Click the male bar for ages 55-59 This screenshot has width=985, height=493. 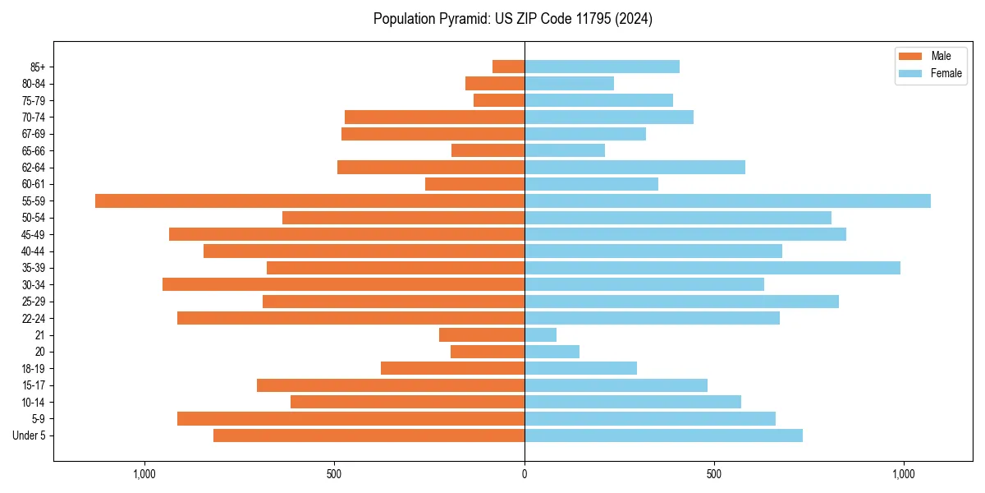(x=309, y=200)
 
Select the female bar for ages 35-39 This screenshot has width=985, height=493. (x=712, y=268)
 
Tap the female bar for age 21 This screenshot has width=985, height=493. (x=540, y=334)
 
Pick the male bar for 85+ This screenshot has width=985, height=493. (x=508, y=67)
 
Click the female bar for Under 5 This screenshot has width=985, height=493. (x=663, y=435)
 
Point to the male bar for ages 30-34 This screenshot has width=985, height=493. (x=343, y=284)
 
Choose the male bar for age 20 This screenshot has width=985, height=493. (x=488, y=352)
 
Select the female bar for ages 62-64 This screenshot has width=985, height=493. (x=635, y=167)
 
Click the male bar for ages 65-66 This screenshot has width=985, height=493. (x=488, y=150)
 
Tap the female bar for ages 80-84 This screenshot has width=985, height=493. (x=569, y=83)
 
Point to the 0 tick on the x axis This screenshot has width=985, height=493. (x=525, y=474)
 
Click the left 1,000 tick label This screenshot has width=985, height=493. (x=144, y=474)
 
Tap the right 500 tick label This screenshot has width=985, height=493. (x=713, y=474)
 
